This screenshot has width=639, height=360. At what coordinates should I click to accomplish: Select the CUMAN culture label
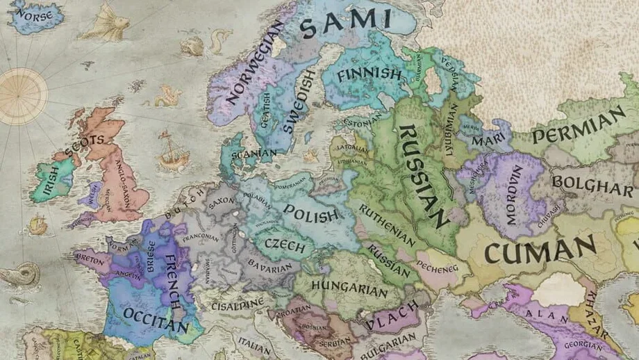pos(540,248)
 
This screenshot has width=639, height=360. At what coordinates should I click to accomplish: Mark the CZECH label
pos(285,245)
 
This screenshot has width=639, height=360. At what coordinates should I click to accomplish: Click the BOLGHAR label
pos(592,186)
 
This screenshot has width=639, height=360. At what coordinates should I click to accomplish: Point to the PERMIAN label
pos(578,125)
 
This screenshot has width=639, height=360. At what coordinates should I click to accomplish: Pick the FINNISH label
pos(369,74)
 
